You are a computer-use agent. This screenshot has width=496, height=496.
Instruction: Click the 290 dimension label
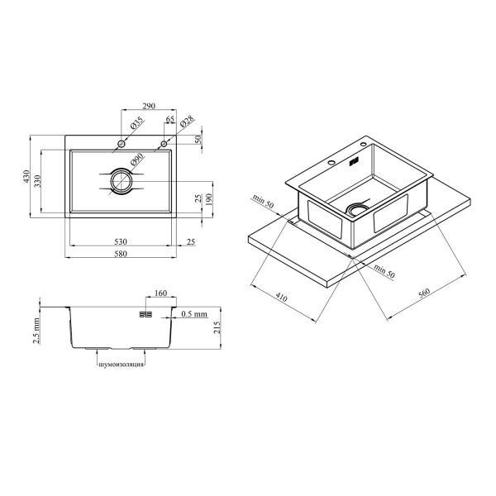pos(149,106)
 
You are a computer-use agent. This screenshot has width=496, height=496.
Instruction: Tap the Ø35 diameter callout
pos(137,123)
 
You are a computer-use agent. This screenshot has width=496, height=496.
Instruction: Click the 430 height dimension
pos(26,177)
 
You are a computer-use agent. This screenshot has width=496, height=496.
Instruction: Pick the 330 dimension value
pos(38,181)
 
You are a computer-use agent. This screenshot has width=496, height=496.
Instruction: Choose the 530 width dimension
pos(121,241)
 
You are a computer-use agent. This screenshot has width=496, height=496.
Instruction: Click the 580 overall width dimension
pos(121,254)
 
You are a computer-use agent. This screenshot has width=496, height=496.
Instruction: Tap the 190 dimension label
pos(208,199)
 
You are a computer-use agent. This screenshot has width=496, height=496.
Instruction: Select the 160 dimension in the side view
pos(160,293)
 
